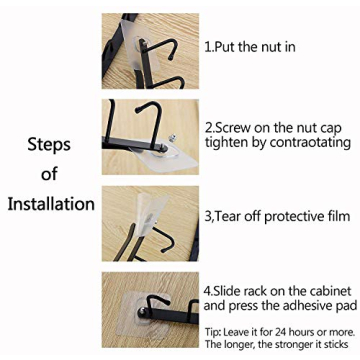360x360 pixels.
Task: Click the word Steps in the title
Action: (48, 143)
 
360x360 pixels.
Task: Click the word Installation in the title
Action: (51, 204)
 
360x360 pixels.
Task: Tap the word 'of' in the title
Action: (50, 174)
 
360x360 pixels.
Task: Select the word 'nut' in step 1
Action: (268, 47)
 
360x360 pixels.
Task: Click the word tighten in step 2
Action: (225, 143)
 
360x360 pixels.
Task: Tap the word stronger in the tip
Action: (287, 343)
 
